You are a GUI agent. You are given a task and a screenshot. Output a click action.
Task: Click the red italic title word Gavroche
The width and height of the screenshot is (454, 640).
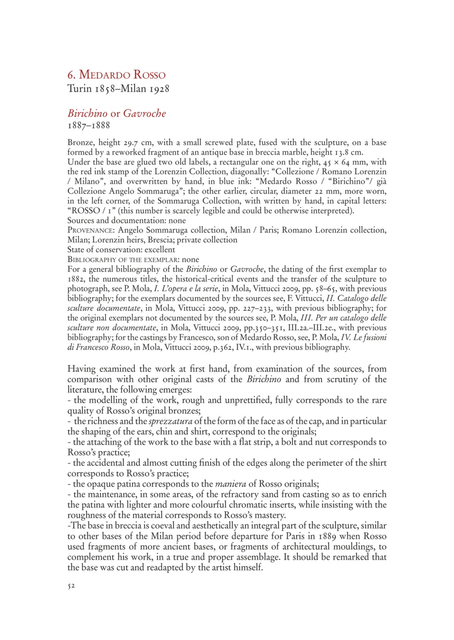tap(145, 113)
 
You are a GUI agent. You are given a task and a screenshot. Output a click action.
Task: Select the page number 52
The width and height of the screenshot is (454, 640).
tap(71, 586)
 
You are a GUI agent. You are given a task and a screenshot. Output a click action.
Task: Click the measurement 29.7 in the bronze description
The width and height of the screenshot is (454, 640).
tap(133, 143)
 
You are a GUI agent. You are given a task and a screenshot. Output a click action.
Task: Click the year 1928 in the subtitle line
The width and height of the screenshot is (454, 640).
tap(158, 89)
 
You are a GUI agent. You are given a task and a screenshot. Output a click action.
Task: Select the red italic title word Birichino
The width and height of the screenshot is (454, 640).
tap(87, 113)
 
